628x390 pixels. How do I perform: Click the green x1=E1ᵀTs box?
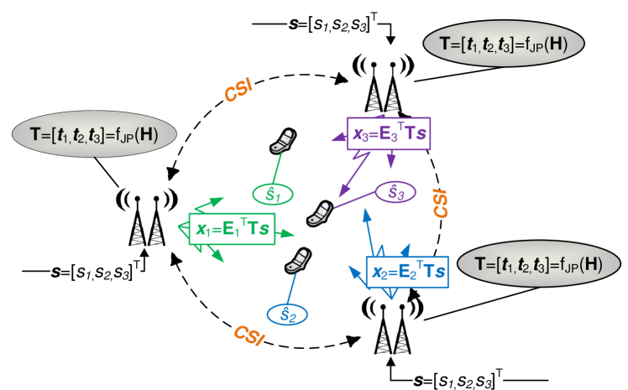click(233, 227)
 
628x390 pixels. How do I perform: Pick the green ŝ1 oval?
click(273, 195)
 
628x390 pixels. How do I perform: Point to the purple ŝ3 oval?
click(395, 193)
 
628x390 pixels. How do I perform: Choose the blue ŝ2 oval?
click(287, 315)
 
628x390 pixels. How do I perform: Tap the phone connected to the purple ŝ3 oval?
click(318, 213)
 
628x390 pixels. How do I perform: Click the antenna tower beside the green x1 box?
click(148, 220)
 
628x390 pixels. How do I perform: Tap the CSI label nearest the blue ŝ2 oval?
click(249, 335)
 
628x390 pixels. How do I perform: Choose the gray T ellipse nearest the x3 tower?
click(503, 43)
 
